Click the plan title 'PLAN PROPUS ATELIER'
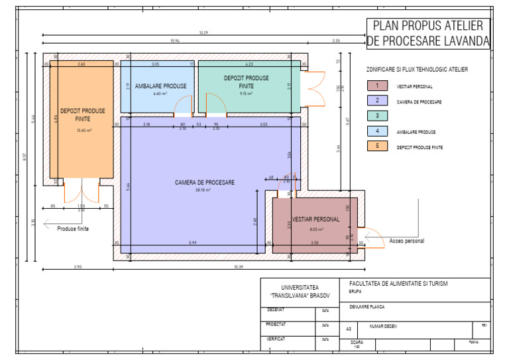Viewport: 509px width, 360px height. point(428,26)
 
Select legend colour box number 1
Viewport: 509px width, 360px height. point(377,86)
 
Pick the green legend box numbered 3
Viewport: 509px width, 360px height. point(377,116)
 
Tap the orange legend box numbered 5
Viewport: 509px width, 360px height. point(377,146)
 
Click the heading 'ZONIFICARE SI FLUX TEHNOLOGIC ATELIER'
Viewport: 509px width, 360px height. point(417,69)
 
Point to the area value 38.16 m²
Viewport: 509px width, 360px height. point(203,190)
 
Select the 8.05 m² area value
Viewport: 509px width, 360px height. point(316,230)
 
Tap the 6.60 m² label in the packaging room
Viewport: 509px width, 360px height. point(160,94)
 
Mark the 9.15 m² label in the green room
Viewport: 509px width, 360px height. point(246,93)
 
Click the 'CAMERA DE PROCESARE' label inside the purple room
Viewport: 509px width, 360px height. point(204,182)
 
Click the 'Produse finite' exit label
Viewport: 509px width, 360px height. point(72,229)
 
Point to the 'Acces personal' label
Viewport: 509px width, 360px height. point(406,241)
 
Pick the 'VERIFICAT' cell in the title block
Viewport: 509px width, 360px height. point(276,339)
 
